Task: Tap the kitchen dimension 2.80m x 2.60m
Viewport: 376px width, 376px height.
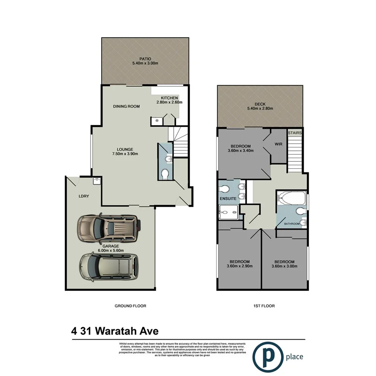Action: [169, 102]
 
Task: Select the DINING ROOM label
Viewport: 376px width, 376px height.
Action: [126, 107]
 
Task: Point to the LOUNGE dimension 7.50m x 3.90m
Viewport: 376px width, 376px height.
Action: [125, 154]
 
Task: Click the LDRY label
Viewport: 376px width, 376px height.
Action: [84, 196]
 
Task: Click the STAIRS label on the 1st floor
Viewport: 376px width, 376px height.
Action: [295, 133]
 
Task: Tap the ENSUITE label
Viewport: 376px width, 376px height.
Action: [228, 199]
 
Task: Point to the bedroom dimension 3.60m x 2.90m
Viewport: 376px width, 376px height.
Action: [238, 267]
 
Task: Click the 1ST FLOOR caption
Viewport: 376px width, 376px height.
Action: [265, 306]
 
